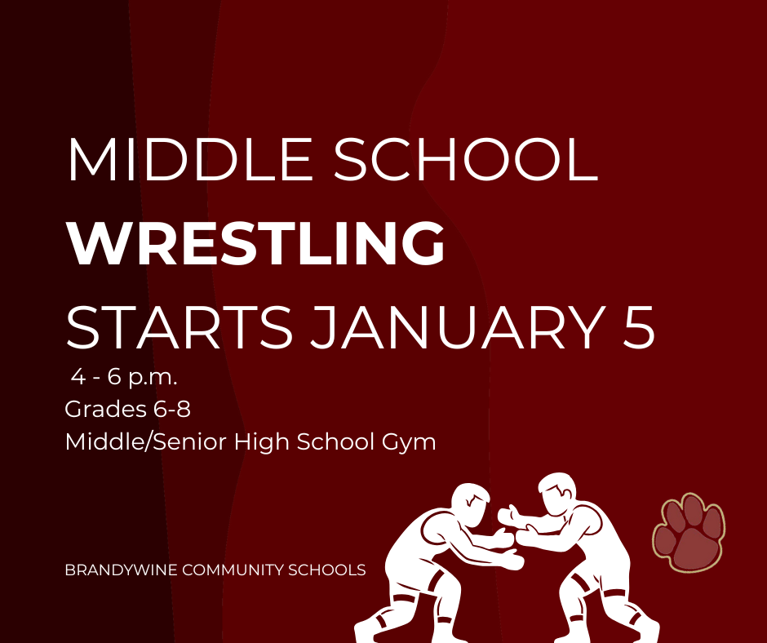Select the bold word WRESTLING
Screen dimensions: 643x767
point(255,243)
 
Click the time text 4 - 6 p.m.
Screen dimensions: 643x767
point(124,379)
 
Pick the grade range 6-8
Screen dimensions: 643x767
point(170,410)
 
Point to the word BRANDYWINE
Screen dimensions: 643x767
point(122,570)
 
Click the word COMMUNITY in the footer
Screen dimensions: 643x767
point(238,570)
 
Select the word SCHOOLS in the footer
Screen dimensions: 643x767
point(331,570)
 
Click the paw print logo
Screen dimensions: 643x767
point(688,531)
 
